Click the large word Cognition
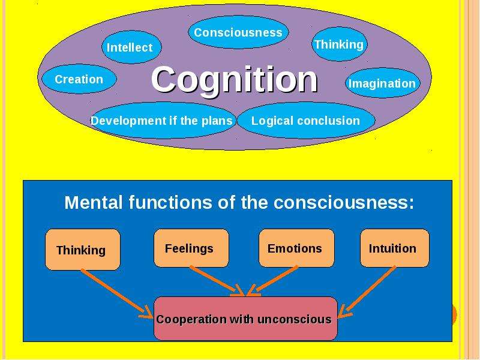235,80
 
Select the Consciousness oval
238,32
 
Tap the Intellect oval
131,47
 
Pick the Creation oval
79,79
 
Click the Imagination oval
383,83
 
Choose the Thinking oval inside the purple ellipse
339,44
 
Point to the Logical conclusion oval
306,121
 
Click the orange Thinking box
83,250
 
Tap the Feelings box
191,248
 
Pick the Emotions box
296,248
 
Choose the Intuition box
395,248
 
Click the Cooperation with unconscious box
245,319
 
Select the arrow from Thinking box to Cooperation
117,293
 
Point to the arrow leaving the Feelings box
217,281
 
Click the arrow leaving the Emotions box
272,281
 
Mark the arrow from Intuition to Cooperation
367,292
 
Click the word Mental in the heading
94,202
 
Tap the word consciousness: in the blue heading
343,202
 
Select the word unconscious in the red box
295,319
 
